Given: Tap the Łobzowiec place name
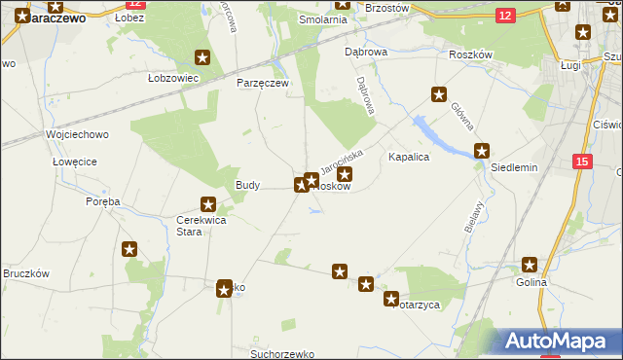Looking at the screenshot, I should (x=173, y=78).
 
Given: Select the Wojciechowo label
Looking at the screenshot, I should (x=77, y=134).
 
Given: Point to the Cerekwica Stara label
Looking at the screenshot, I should (x=202, y=226).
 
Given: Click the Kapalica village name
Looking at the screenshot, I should (x=409, y=156).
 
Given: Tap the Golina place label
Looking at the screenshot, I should (x=531, y=282).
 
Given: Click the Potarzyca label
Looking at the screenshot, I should (x=417, y=305).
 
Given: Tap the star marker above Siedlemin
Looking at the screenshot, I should (x=482, y=151).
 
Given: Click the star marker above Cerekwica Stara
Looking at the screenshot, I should (x=207, y=204).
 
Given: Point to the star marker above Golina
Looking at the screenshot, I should (x=530, y=264).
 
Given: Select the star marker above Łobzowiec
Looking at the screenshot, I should (x=202, y=57).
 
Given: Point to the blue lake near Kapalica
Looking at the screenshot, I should (x=436, y=134).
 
